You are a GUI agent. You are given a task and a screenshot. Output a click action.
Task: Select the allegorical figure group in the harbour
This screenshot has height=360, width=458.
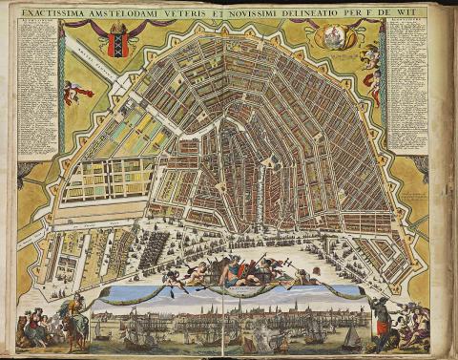tap(233, 272)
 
